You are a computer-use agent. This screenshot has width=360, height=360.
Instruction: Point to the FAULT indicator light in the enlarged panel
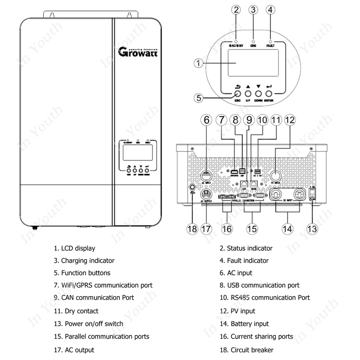point(270,41)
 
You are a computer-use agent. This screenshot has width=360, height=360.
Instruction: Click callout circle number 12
point(290,120)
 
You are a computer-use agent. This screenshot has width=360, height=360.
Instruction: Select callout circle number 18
point(192,228)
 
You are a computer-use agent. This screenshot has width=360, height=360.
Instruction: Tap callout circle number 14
point(287,228)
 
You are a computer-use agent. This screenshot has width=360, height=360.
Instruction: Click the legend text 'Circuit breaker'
point(252,350)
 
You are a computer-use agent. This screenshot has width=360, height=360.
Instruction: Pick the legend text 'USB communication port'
point(260,285)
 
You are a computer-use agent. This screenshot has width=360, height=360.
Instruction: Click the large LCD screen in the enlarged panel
point(251,63)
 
